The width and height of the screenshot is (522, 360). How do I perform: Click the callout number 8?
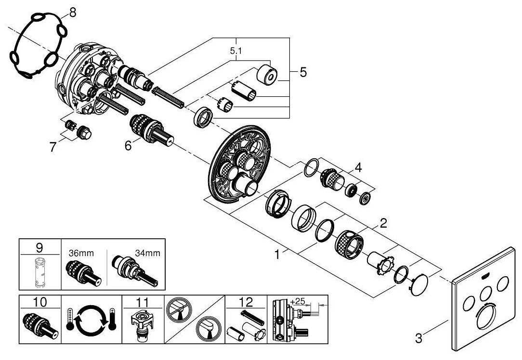click(x=72, y=12)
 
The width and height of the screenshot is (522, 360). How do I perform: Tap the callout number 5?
click(x=302, y=72)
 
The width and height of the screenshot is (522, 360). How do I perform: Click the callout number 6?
click(x=128, y=145)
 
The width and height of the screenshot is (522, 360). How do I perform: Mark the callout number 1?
click(x=277, y=254)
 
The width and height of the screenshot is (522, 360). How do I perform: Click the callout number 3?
click(x=418, y=338)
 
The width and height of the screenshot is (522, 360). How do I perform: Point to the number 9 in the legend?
click(x=39, y=248)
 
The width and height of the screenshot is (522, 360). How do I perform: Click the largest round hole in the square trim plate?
click(x=489, y=323)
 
